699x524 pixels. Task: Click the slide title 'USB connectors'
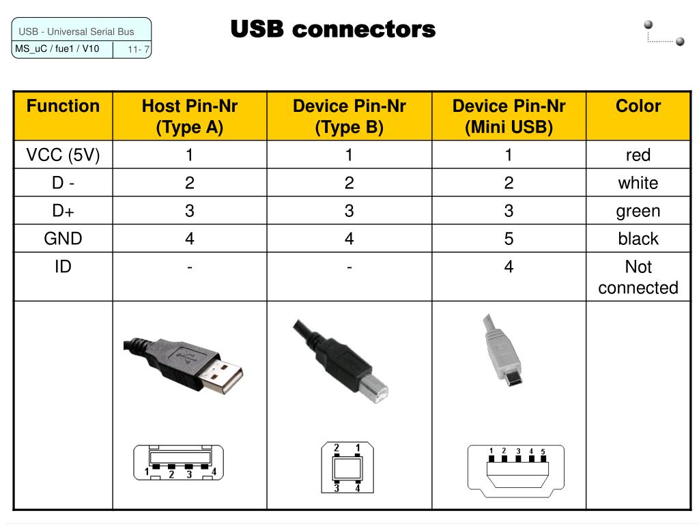point(332,29)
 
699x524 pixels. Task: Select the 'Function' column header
point(63,106)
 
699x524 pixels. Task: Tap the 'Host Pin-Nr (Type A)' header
point(190,117)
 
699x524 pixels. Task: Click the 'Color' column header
point(638,106)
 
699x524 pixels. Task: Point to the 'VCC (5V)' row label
point(63,155)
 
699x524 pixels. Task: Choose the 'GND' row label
point(63,238)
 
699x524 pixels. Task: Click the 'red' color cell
point(638,155)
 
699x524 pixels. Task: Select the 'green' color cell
point(638,211)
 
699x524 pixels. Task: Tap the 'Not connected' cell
point(638,277)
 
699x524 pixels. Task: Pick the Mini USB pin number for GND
point(509,239)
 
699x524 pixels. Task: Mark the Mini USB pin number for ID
point(509,267)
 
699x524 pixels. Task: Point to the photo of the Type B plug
point(341,358)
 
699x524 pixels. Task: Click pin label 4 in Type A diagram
point(214,471)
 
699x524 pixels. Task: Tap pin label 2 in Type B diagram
point(337,448)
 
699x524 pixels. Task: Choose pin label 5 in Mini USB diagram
point(543,452)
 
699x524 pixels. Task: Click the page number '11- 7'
point(139,49)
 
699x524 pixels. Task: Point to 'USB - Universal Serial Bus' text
point(76,31)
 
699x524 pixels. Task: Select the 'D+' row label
point(63,211)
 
